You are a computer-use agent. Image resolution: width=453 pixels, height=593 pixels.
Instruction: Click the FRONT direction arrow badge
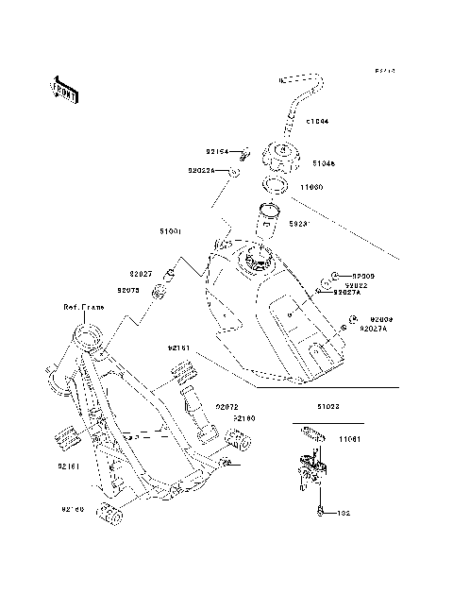[65, 88]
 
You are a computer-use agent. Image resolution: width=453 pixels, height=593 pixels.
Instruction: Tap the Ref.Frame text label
[82, 308]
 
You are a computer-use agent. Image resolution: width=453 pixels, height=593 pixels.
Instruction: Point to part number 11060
[311, 187]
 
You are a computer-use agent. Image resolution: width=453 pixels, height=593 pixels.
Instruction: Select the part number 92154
[218, 149]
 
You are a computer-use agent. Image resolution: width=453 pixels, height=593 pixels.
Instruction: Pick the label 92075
[128, 290]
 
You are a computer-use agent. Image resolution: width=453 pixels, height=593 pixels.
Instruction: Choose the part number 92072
[228, 405]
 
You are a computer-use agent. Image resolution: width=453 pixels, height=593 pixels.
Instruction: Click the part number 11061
[350, 439]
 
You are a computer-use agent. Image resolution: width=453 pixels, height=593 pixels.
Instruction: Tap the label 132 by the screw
[345, 513]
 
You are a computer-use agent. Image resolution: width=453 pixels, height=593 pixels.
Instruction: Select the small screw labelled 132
[321, 513]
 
